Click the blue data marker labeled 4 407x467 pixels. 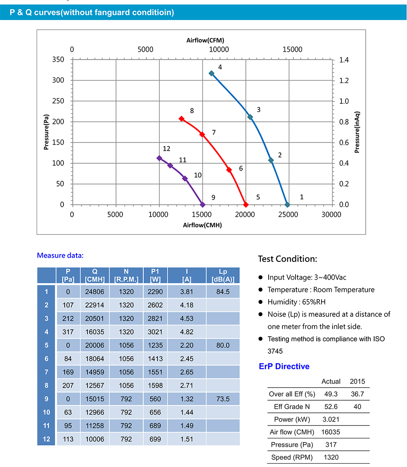tap(212, 73)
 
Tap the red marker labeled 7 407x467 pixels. tap(202, 134)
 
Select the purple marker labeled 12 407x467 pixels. tap(159, 158)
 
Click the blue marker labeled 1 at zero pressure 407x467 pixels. tap(287, 204)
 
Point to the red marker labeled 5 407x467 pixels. tap(245, 204)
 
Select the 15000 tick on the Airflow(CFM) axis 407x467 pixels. tap(292, 49)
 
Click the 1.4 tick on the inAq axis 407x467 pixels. tap(344, 60)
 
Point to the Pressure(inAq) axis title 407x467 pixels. tap(357, 132)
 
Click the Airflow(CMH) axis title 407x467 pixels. tap(202, 225)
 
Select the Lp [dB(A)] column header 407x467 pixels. tap(223, 275)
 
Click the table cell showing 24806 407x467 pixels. tap(95, 292)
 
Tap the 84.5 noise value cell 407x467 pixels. tap(223, 292)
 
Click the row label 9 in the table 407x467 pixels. tap(46, 399)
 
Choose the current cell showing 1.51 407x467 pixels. tap(186, 439)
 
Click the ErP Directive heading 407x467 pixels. tap(284, 366)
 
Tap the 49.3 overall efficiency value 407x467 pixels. tap(331, 394)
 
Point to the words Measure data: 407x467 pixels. tap(60, 255)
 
